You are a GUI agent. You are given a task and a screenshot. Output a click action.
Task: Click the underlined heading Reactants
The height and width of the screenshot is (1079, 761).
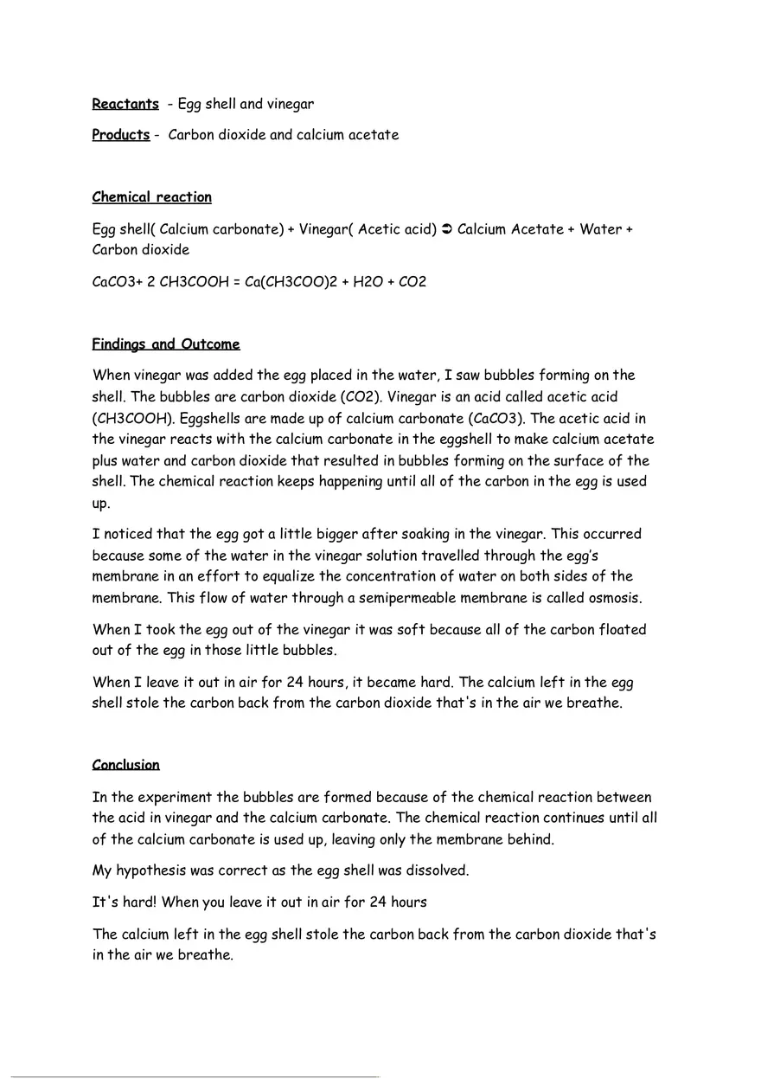(x=125, y=104)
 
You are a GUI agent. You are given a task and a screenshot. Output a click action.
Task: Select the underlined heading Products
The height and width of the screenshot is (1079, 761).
(x=121, y=135)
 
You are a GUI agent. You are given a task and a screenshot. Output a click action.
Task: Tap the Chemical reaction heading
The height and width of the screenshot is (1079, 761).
(x=152, y=197)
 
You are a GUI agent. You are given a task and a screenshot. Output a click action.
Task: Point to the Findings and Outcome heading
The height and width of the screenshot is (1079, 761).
(x=166, y=344)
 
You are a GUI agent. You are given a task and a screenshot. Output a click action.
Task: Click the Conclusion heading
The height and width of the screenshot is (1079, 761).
(x=126, y=765)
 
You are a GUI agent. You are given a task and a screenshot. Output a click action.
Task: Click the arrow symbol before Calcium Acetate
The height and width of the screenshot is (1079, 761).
(x=446, y=229)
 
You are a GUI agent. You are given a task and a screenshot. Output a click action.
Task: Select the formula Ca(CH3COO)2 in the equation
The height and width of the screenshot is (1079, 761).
(x=289, y=282)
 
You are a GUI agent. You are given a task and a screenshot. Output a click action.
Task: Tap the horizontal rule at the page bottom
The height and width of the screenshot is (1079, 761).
(x=195, y=1076)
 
